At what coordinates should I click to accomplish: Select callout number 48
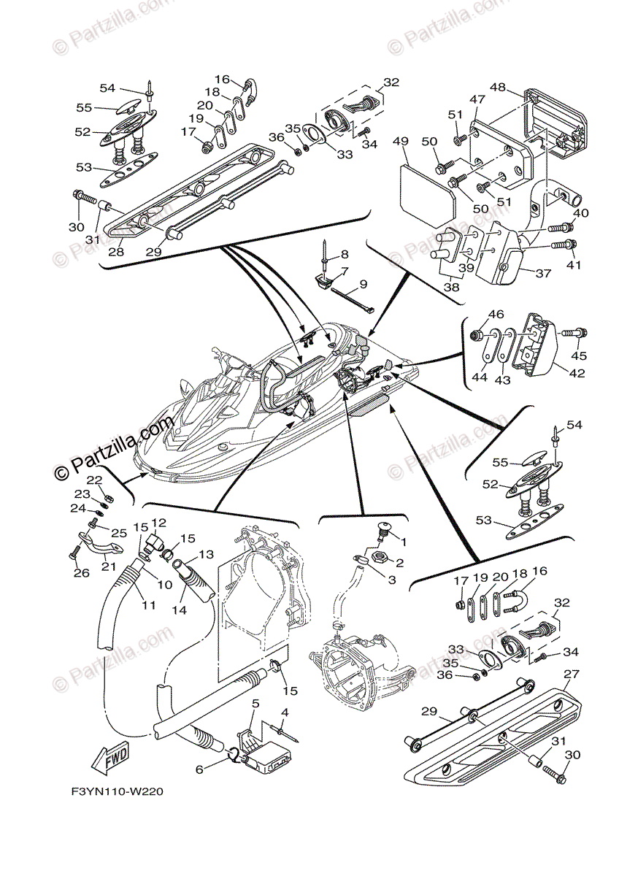point(498,87)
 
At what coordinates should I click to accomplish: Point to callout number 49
point(400,141)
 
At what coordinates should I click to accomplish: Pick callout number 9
point(363,283)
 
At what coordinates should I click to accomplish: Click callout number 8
point(345,255)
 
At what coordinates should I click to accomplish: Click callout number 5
point(255,703)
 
